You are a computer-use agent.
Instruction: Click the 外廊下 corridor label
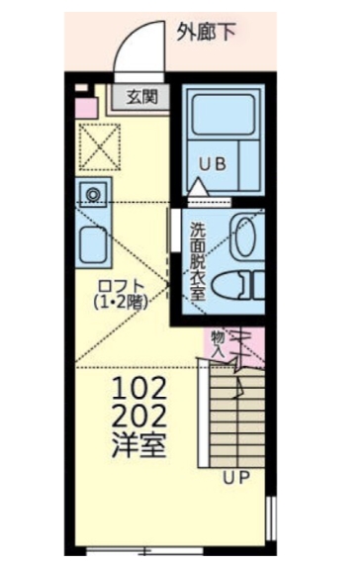coord(206,34)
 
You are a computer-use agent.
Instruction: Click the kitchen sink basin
coord(95,240)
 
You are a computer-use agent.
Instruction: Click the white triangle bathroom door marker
coord(199,186)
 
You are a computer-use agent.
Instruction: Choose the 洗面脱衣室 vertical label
coord(198,258)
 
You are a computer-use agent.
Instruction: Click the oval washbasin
coord(244,233)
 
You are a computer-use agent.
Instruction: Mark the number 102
coord(139,387)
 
